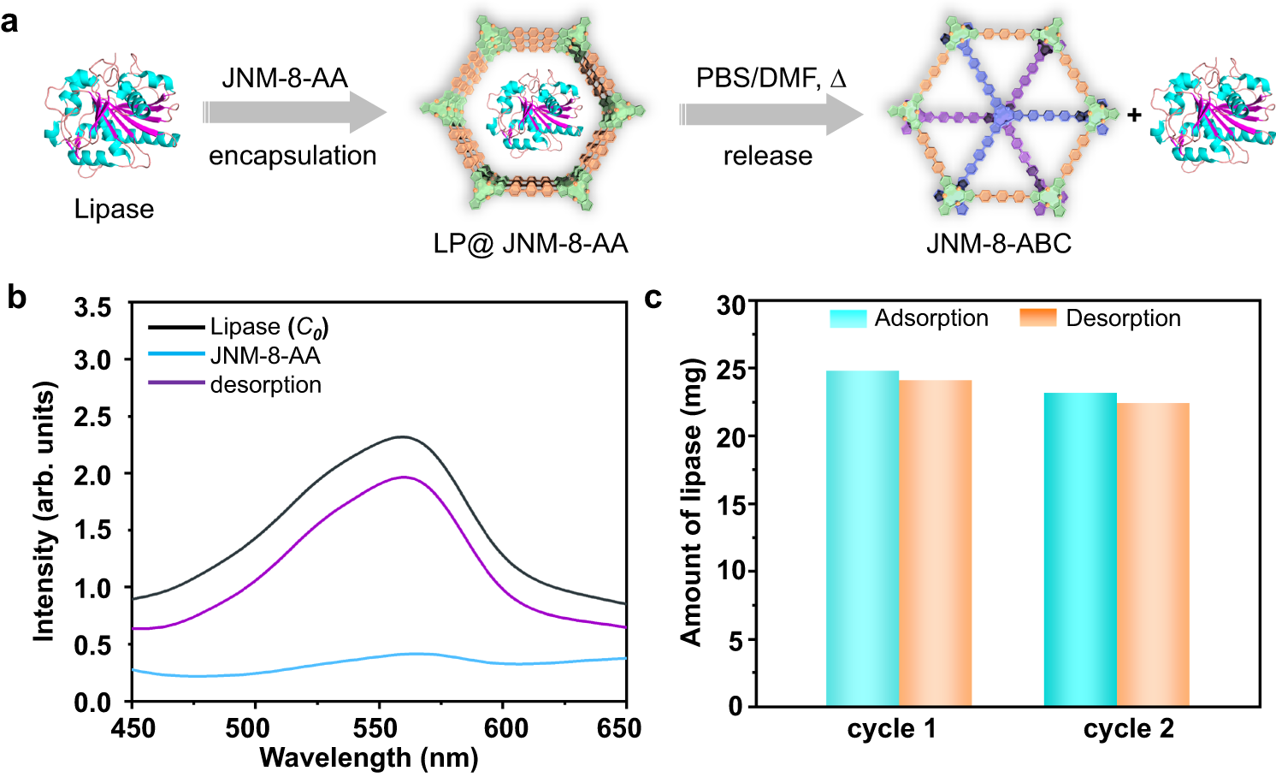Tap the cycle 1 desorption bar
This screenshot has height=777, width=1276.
click(935, 543)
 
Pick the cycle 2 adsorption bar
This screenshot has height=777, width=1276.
click(1080, 549)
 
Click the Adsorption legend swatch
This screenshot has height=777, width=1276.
click(848, 318)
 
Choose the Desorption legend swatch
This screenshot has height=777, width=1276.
click(1038, 318)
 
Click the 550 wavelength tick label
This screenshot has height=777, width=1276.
click(377, 729)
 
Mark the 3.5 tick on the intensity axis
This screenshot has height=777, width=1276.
click(92, 306)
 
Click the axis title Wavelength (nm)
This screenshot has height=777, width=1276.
click(369, 757)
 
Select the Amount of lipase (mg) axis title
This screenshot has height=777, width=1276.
click(691, 501)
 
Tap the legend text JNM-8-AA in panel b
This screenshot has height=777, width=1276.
click(265, 356)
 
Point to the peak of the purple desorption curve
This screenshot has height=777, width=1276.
click(404, 477)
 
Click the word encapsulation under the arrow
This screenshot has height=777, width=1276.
click(292, 156)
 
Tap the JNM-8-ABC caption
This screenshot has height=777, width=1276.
click(998, 244)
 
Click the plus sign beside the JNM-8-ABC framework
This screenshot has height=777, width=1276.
click(1134, 115)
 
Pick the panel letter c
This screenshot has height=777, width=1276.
click(653, 298)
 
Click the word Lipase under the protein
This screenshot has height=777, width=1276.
click(114, 210)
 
